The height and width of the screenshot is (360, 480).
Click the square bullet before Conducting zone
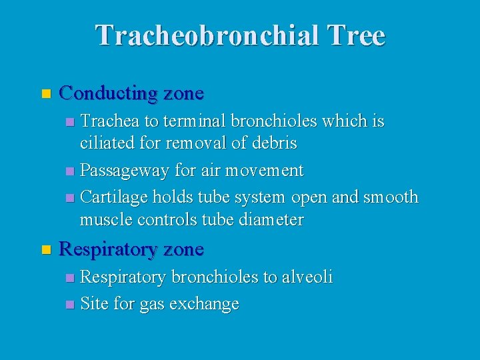(45, 93)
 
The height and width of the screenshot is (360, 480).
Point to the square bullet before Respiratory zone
(45, 250)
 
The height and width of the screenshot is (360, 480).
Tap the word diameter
(271, 219)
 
